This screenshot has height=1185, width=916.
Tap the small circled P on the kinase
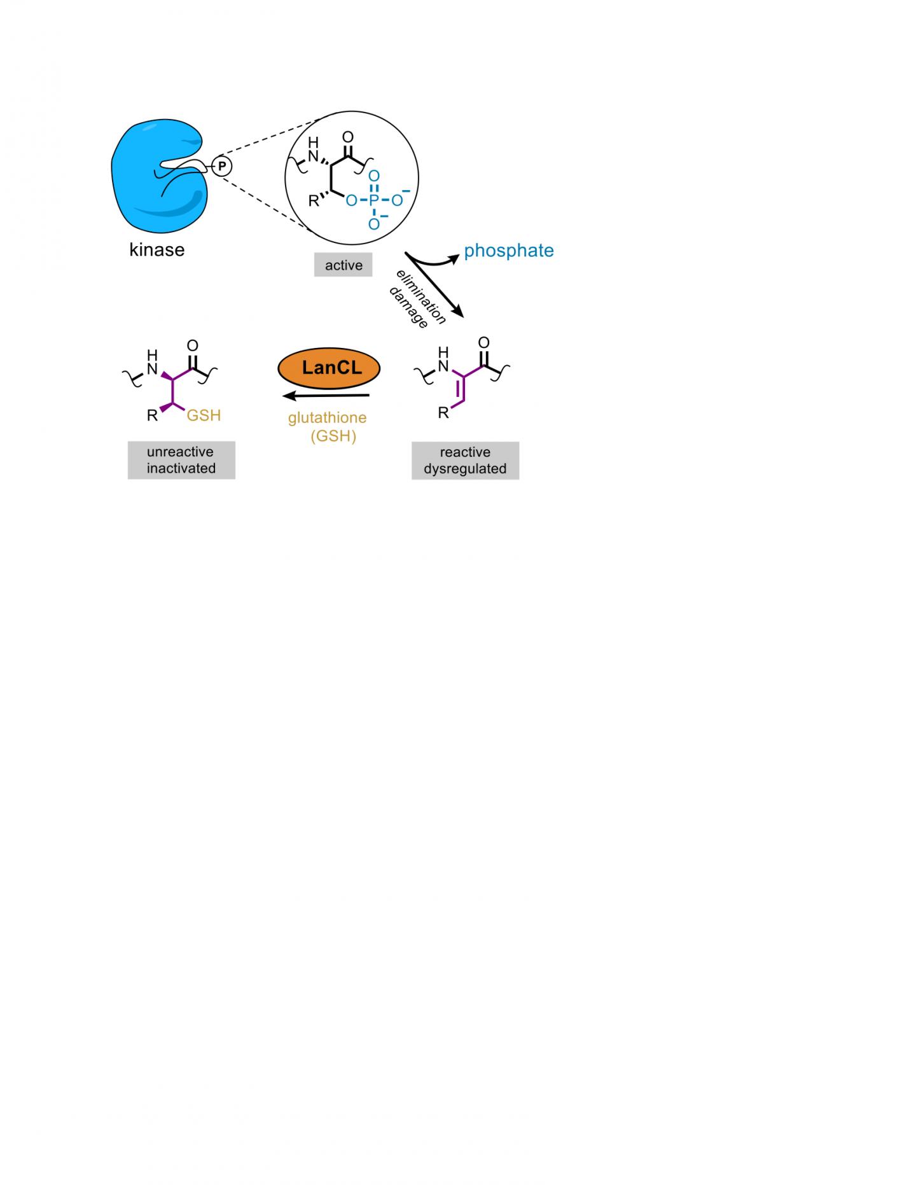coord(222,166)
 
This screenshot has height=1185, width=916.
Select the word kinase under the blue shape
coord(156,250)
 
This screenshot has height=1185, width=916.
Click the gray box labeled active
coord(343,265)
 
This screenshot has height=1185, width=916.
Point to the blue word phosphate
coord(508,251)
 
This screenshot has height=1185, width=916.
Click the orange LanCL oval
coord(329,368)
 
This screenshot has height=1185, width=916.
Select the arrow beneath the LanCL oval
coord(326,396)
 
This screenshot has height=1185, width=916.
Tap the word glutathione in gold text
coord(327,418)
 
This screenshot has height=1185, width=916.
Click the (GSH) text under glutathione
coord(333,436)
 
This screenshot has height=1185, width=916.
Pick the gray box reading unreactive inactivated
coord(181,460)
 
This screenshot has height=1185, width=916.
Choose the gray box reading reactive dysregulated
coord(465,461)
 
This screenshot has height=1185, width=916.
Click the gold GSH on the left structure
coord(204,415)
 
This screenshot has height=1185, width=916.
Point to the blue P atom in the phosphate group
coord(374,201)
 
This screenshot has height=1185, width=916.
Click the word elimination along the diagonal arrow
coord(422,296)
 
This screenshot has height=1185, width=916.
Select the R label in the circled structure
coord(314,201)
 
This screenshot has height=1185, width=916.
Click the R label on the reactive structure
coord(443,413)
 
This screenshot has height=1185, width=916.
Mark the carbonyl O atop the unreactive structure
coord(193,345)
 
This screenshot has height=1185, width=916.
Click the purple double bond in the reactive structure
coord(461,389)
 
